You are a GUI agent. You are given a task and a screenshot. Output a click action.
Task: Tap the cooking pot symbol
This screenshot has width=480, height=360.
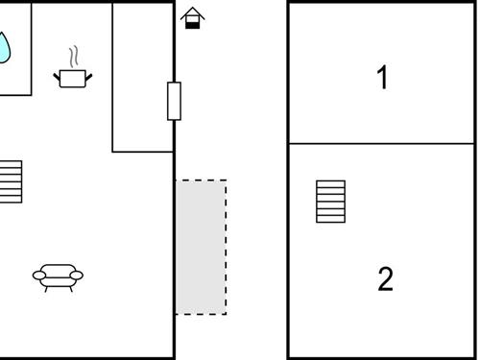[x=72, y=78]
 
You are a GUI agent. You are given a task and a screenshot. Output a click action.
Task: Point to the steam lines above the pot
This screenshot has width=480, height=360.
[x=72, y=57]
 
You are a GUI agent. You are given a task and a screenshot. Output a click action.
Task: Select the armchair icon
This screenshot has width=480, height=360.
[x=58, y=276]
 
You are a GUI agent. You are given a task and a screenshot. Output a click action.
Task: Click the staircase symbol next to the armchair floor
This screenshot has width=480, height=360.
[x=11, y=181]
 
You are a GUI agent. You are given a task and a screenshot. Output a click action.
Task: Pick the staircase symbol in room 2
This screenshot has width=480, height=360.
[x=330, y=201]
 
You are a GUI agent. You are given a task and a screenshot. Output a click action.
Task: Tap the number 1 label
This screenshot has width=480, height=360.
[x=383, y=78]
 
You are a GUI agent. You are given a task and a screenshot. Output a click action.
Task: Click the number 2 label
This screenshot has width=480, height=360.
[x=385, y=279]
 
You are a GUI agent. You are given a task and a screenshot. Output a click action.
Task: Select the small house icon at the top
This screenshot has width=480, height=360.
[x=192, y=18]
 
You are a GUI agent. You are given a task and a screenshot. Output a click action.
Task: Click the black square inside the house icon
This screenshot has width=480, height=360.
[x=192, y=24]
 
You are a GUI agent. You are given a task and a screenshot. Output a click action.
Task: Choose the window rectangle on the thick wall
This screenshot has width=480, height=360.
[x=174, y=101]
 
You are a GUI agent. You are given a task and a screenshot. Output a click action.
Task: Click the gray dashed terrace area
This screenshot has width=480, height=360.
[x=201, y=247]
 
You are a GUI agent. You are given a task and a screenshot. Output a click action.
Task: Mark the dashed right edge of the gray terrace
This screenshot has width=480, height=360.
[x=227, y=247]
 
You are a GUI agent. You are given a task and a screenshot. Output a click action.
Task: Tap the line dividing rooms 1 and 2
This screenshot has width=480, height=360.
[x=382, y=144]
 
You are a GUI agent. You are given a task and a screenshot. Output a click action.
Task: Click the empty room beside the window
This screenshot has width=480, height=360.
[x=142, y=77]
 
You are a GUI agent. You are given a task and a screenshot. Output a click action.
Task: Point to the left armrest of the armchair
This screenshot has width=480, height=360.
[x=38, y=276]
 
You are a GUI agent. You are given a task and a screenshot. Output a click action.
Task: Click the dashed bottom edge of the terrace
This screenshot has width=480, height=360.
[x=201, y=314]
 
